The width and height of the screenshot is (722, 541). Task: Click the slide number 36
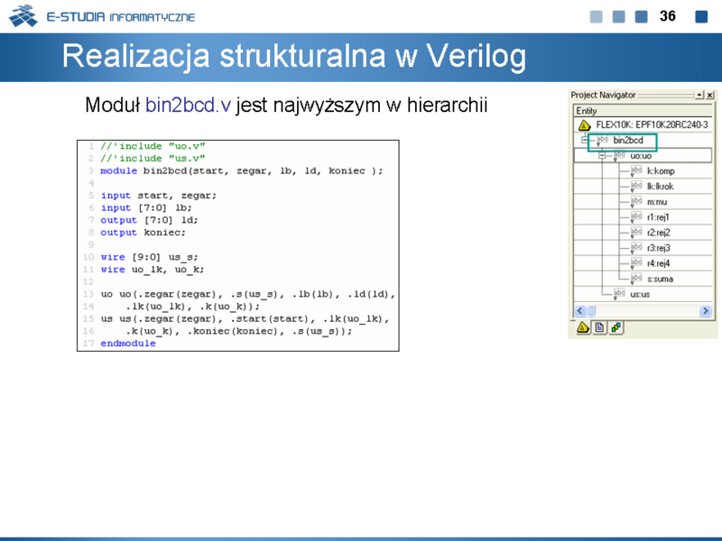click(x=667, y=16)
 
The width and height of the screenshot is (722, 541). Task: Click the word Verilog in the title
click(x=477, y=57)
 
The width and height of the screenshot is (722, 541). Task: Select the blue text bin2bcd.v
click(x=188, y=105)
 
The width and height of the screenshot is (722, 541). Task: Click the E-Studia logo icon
click(x=23, y=15)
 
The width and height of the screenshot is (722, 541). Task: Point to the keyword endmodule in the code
click(x=128, y=344)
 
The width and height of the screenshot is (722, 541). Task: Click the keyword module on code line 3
click(x=119, y=170)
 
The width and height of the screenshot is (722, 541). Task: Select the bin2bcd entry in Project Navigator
click(x=628, y=141)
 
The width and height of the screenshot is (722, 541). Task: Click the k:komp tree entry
click(x=661, y=171)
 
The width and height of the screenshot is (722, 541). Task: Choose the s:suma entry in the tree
click(x=660, y=279)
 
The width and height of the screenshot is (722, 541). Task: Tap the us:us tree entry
click(x=640, y=295)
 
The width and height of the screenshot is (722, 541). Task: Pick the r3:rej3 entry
click(x=659, y=248)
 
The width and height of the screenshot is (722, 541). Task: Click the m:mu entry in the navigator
click(x=657, y=202)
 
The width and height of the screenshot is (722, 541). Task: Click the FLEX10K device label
click(x=652, y=124)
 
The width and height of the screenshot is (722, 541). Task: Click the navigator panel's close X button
click(x=710, y=95)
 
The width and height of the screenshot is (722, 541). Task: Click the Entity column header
click(x=586, y=111)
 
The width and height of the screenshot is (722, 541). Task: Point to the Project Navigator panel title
click(x=603, y=95)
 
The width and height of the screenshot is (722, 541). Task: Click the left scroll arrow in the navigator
click(x=579, y=311)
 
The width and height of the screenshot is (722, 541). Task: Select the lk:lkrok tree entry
click(x=660, y=187)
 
